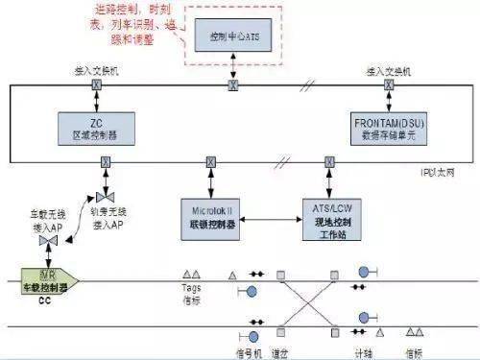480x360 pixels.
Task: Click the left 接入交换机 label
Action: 95,72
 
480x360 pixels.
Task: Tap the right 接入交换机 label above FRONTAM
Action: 387,72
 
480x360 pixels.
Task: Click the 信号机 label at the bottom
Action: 246,352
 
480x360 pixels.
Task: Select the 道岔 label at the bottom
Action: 281,352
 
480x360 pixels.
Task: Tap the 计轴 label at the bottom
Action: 364,352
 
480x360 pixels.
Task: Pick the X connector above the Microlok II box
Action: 208,160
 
